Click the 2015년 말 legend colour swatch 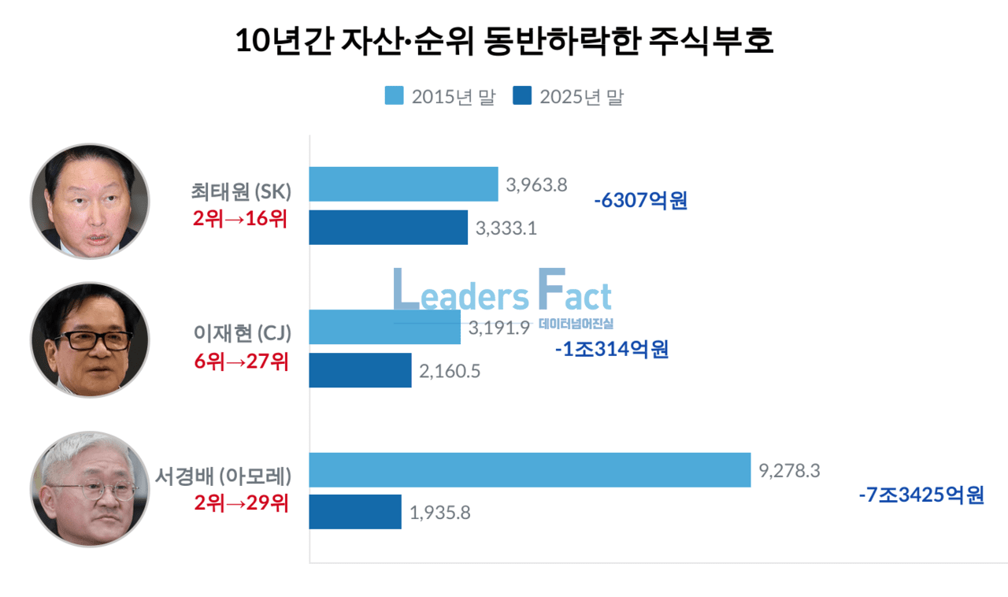(394, 96)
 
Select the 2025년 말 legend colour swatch (522, 96)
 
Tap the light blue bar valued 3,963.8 (403, 184)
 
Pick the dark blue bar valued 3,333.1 (388, 228)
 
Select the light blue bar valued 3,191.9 (384, 327)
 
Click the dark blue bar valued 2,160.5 (360, 370)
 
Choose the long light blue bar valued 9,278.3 (529, 469)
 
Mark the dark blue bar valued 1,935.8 (355, 512)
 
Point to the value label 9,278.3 (790, 471)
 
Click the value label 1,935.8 (440, 514)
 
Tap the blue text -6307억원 (640, 202)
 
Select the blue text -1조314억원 (611, 349)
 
